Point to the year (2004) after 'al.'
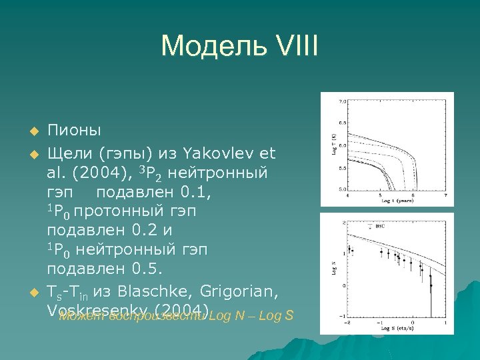(x=98, y=173)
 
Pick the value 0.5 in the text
(x=151, y=269)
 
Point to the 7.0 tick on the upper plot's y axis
(x=342, y=102)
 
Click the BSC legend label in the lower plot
(x=380, y=227)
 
